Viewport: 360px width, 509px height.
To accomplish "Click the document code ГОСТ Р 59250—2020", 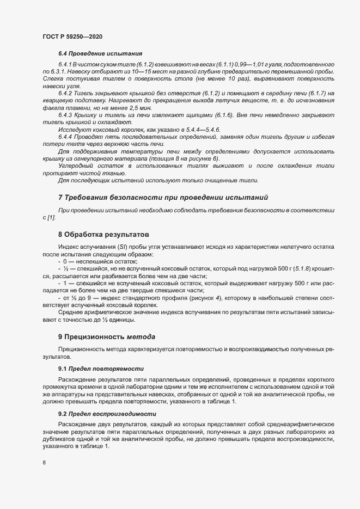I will click(72, 36).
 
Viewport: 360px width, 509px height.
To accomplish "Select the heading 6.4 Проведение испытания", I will click(100, 54).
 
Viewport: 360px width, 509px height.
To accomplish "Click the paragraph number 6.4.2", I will click(66, 94).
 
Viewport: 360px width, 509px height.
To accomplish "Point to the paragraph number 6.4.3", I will click(66, 115).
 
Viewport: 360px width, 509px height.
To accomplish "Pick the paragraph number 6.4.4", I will click(66, 136).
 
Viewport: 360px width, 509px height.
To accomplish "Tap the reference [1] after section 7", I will click(52, 217).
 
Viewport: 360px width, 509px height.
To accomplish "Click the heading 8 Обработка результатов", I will click(103, 235).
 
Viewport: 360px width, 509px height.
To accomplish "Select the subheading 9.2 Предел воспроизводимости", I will click(103, 414).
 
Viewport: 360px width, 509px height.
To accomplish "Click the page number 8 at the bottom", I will click(44, 463).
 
